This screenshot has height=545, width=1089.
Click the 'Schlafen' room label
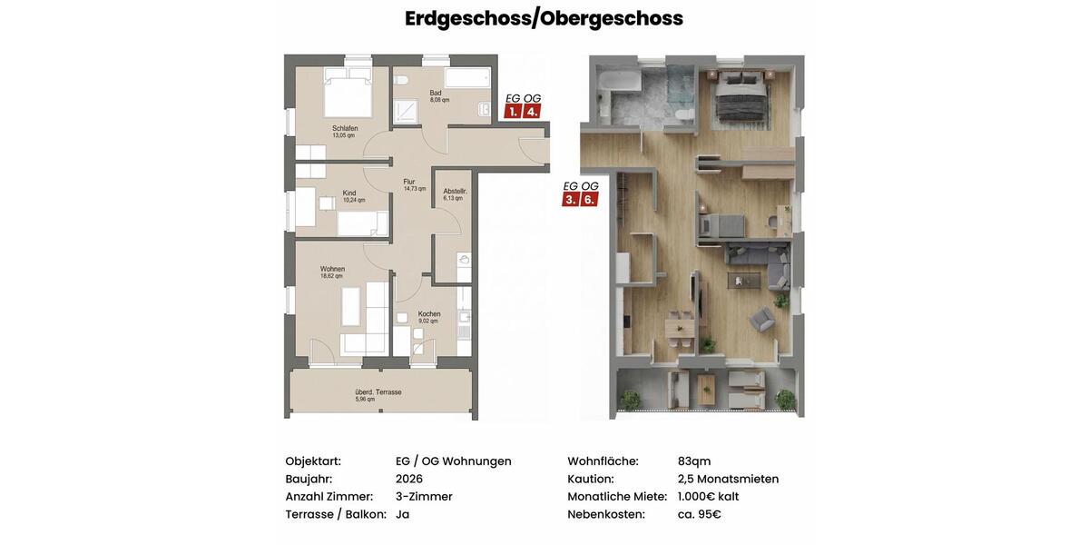345,128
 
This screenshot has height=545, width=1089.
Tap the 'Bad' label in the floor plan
436,93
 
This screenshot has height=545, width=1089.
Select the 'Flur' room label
409,182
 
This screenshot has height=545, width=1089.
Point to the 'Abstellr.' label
455,191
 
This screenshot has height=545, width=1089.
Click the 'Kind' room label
349,193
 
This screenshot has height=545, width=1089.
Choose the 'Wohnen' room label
332,269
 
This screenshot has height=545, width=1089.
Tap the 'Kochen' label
429,314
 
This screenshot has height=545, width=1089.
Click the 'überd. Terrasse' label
378,392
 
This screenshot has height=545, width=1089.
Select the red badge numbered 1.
513,112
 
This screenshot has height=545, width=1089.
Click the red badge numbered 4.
532,112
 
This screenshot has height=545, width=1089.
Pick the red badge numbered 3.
570,199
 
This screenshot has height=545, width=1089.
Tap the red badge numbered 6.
589,199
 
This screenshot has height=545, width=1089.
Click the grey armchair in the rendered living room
761,318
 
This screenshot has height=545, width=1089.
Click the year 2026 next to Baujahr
409,479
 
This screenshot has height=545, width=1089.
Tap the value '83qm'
694,461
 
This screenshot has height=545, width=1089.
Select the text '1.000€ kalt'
708,496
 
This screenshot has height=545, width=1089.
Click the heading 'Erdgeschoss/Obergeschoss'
544,18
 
